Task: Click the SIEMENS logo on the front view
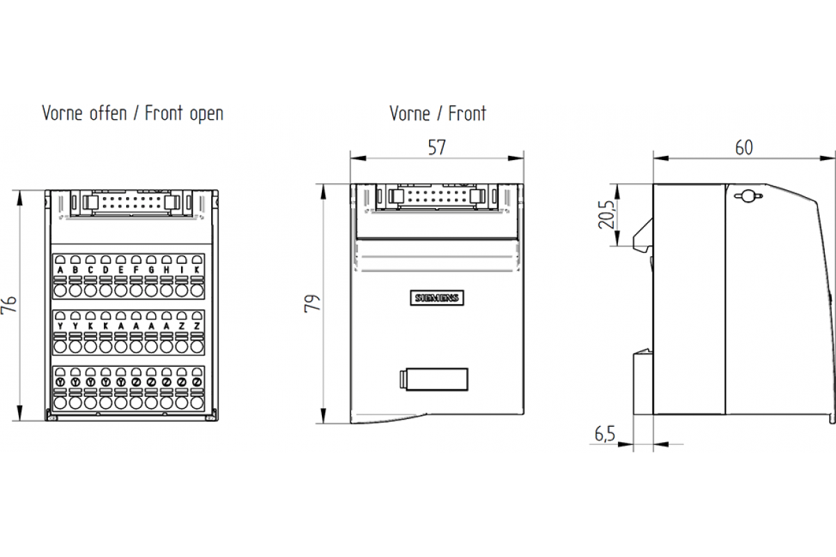pyautogui.click(x=438, y=298)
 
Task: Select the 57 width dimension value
pyautogui.click(x=437, y=147)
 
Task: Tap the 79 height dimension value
pyautogui.click(x=313, y=304)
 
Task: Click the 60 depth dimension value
pyautogui.click(x=744, y=147)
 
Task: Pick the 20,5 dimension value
pyautogui.click(x=606, y=214)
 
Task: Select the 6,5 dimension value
pyautogui.click(x=605, y=434)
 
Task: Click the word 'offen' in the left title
pyautogui.click(x=107, y=113)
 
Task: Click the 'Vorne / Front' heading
pyautogui.click(x=438, y=113)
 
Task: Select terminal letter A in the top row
pyautogui.click(x=60, y=269)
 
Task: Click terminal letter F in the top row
pyautogui.click(x=137, y=269)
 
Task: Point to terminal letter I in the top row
pyautogui.click(x=182, y=269)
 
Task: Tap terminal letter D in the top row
pyautogui.click(x=106, y=269)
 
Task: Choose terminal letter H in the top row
pyautogui.click(x=167, y=269)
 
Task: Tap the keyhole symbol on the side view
pyautogui.click(x=746, y=196)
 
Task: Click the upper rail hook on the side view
pyautogui.click(x=643, y=237)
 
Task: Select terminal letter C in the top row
pyautogui.click(x=91, y=269)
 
